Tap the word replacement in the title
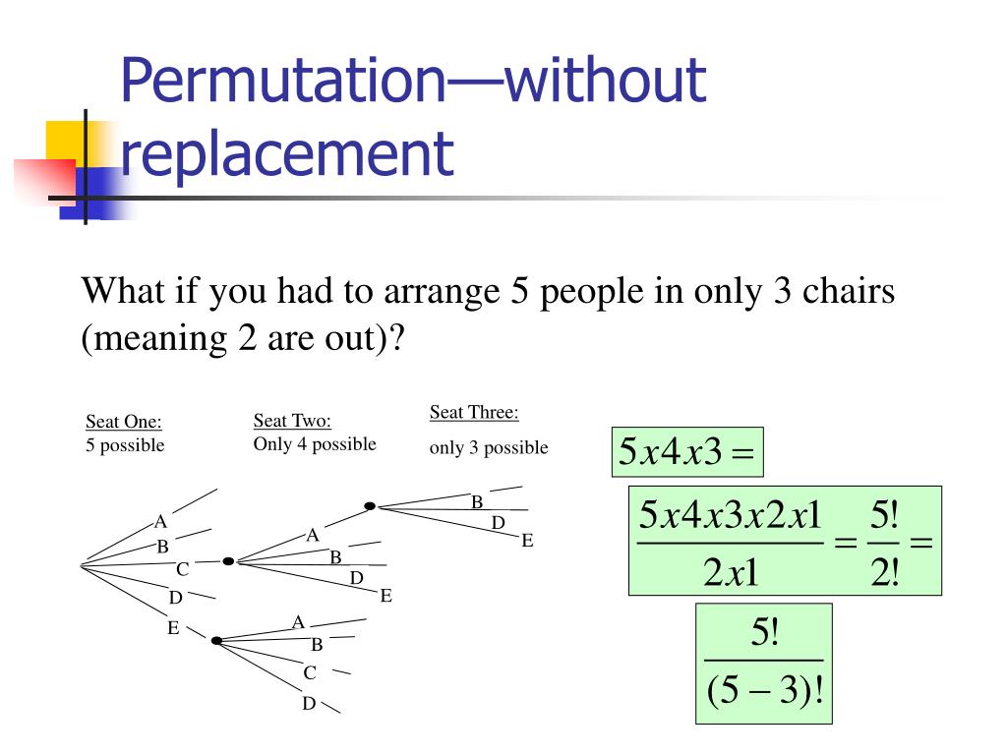point(287,154)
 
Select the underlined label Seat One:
point(124,422)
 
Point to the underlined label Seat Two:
point(292,421)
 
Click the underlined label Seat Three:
point(474,412)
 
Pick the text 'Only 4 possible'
point(315,444)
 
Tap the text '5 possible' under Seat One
point(125,445)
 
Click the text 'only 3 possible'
point(489,448)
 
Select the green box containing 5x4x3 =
point(687,452)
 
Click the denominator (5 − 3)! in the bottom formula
point(764,694)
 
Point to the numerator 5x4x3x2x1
point(730,515)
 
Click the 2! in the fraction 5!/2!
point(885,570)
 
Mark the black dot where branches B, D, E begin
point(370,506)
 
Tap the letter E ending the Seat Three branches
point(527,541)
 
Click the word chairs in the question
point(849,292)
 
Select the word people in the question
point(594,292)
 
